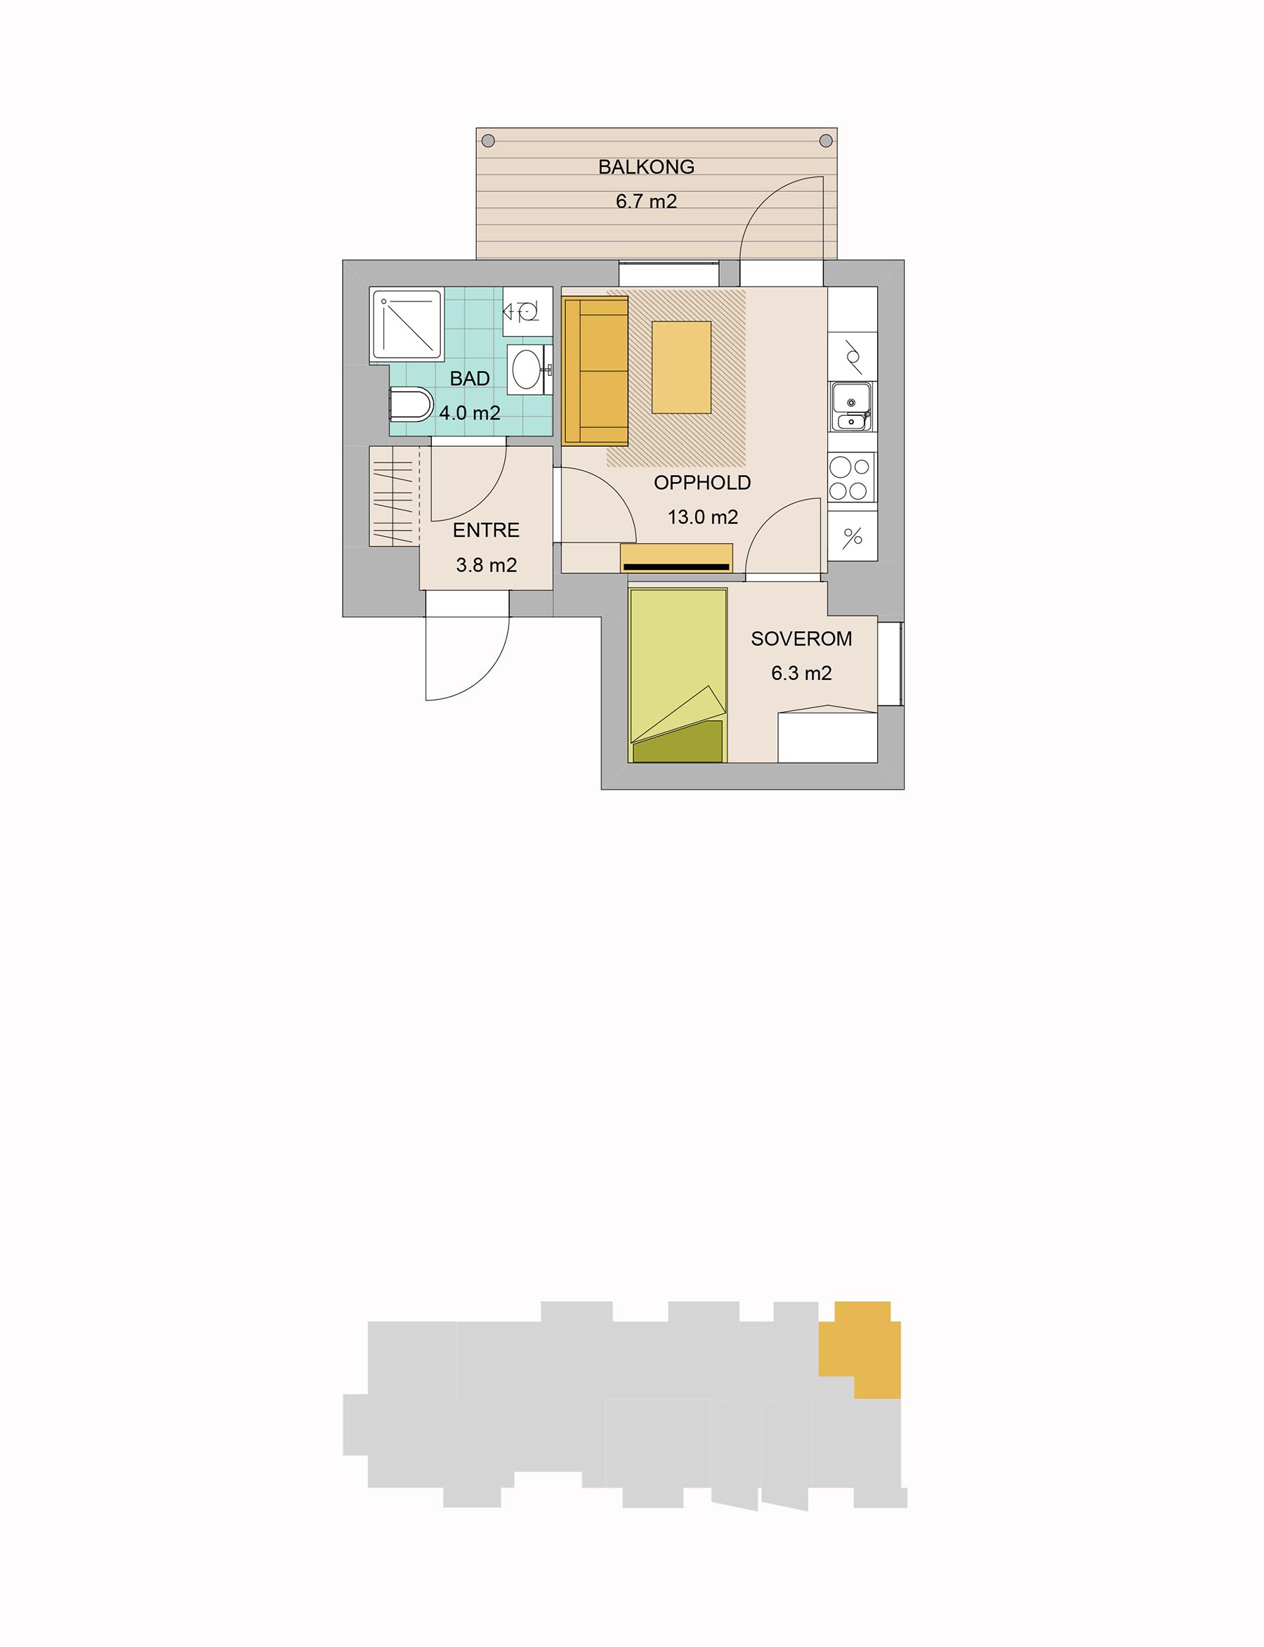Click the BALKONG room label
tap(646, 167)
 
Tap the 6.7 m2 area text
tap(646, 202)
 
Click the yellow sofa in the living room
tap(594, 370)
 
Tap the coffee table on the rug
tap(682, 367)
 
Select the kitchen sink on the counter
tap(852, 408)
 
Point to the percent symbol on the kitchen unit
tap(852, 537)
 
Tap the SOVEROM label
tap(801, 639)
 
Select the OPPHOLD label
tap(702, 483)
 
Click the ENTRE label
tap(486, 530)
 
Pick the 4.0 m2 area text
tap(470, 413)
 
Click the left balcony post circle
tap(488, 140)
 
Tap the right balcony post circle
tap(825, 140)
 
